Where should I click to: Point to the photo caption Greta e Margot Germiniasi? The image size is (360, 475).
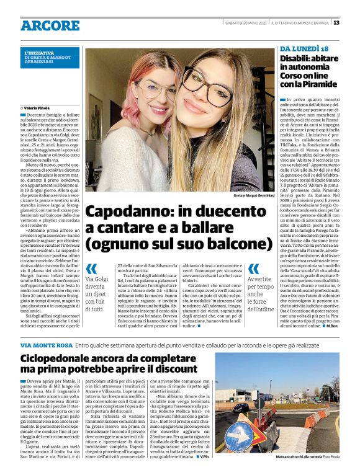coord(253,195)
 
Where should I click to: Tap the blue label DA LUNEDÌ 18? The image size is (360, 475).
coord(305,49)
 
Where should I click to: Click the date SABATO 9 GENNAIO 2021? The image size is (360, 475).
coord(245,23)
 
